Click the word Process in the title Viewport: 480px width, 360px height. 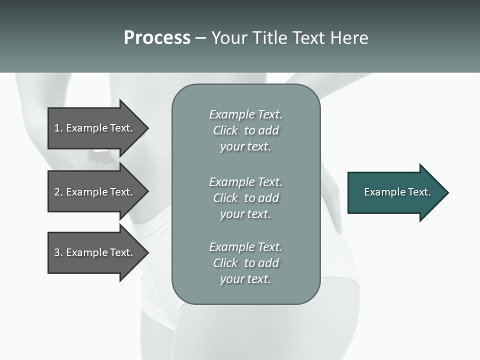(157, 38)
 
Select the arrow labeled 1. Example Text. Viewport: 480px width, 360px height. (95, 128)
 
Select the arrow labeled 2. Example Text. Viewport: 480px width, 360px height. (95, 192)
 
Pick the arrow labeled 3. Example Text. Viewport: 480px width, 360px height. (95, 252)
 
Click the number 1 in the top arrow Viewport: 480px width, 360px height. (57, 128)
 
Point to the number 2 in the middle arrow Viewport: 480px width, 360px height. (57, 192)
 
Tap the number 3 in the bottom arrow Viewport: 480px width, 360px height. (57, 252)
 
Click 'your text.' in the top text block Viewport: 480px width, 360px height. (245, 146)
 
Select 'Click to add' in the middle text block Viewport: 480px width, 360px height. (245, 198)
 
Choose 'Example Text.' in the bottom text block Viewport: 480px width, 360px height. (245, 247)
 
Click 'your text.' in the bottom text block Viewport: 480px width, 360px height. (245, 279)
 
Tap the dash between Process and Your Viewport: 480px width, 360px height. (200, 38)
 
